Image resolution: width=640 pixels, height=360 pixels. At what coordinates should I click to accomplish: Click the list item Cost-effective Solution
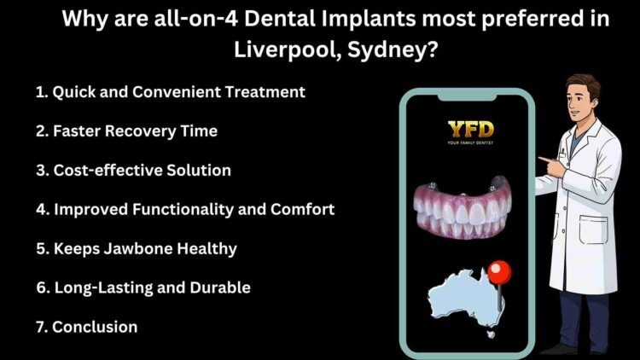(133, 170)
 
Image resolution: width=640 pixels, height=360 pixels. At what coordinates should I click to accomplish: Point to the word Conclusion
(94, 326)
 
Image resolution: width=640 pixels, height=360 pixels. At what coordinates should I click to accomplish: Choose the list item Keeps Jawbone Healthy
(136, 248)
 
